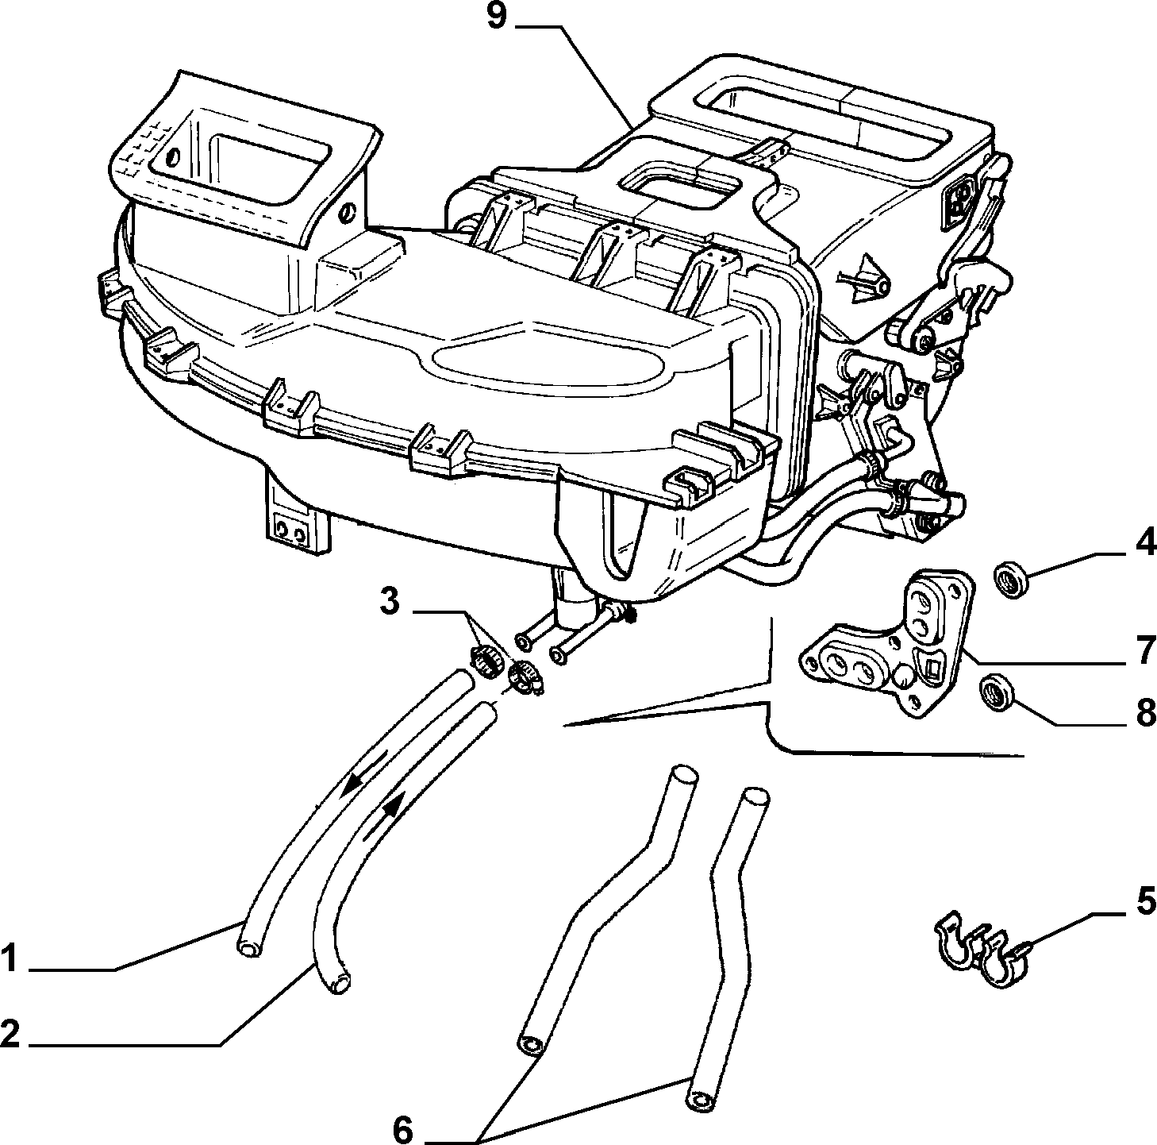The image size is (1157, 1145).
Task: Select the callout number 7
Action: tap(1143, 650)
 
